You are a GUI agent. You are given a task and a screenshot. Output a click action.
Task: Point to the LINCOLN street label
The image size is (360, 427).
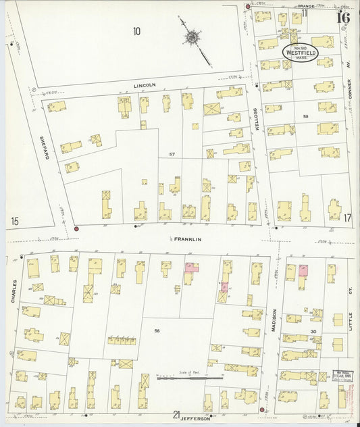[145, 85]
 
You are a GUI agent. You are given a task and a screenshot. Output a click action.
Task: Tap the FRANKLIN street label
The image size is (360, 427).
[184, 239]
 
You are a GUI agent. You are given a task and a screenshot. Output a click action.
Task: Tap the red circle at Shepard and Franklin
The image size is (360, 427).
[76, 229]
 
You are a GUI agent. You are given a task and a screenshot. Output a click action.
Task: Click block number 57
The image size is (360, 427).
[172, 154]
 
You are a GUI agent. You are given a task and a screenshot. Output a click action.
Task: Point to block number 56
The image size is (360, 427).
[157, 330]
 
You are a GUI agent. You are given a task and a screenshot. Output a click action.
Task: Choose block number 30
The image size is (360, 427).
[313, 331]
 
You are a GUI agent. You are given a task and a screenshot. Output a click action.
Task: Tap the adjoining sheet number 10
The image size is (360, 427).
[136, 30]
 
